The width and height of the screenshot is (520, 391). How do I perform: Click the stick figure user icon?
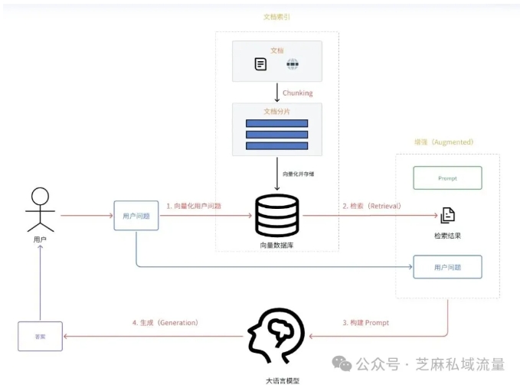[x=40, y=210]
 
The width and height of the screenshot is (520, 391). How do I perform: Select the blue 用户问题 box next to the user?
[x=136, y=216]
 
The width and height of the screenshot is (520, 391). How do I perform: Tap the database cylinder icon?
[x=276, y=216]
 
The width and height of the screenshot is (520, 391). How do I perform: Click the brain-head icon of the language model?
[x=276, y=336]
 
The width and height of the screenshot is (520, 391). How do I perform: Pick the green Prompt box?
[x=447, y=178]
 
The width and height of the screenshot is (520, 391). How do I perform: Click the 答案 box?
[x=40, y=337]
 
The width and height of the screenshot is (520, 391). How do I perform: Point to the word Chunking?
[x=298, y=93]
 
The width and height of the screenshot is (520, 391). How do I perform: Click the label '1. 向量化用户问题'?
[x=194, y=206]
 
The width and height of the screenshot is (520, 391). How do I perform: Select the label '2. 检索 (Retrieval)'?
[x=371, y=206]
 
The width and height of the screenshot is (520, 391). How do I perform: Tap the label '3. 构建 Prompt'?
[x=365, y=323]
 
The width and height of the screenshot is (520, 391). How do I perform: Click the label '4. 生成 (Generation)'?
[x=165, y=323]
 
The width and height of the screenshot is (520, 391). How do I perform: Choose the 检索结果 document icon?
[x=447, y=215]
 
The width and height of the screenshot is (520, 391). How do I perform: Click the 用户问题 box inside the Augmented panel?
[x=447, y=266]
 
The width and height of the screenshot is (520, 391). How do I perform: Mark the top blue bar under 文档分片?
[x=276, y=123]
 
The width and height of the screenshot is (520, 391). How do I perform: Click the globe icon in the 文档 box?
[x=292, y=64]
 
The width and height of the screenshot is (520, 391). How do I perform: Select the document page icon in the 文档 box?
[x=261, y=64]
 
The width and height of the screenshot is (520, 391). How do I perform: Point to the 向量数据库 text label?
[x=276, y=246]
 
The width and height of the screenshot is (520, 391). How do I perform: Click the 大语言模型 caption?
[x=276, y=380]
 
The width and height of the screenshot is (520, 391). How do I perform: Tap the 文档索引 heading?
[x=276, y=16]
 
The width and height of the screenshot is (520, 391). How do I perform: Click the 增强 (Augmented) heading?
[x=444, y=142]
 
